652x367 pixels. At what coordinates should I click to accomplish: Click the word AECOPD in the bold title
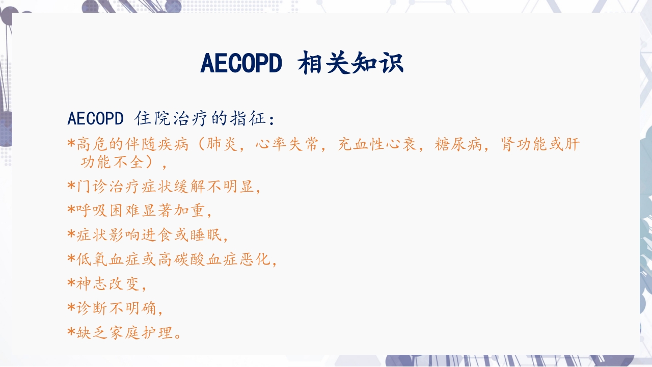(x=241, y=64)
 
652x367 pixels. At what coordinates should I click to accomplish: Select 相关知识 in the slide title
(x=351, y=64)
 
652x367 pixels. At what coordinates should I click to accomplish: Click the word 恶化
(x=254, y=259)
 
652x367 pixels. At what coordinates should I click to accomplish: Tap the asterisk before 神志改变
(x=71, y=283)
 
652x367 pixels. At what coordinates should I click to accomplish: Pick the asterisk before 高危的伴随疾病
(x=71, y=144)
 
